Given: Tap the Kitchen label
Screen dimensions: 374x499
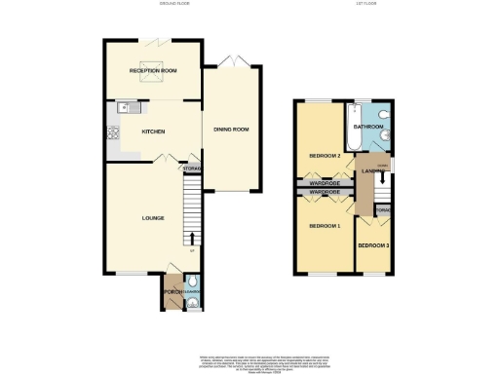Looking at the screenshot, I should point(152,131).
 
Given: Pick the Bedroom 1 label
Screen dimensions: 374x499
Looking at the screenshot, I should point(325,226).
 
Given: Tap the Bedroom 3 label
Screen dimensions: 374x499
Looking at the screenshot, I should point(375,244).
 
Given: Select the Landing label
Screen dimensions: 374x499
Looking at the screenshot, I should point(370,172).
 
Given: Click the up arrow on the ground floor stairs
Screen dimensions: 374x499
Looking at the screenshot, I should point(191,237).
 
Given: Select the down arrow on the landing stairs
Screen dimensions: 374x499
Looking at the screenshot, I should point(382,178).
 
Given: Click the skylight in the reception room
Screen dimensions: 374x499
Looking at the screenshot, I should point(152,82).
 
